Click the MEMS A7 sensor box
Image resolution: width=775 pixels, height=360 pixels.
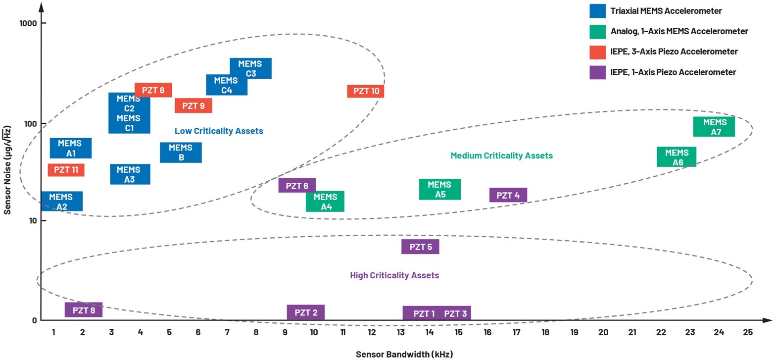(x=714, y=127)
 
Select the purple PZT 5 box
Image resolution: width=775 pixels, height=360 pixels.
(x=420, y=247)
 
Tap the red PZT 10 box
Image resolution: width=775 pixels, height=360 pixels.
(x=366, y=91)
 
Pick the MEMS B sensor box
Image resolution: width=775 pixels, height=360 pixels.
(x=181, y=153)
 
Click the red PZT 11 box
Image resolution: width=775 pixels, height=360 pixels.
(x=66, y=170)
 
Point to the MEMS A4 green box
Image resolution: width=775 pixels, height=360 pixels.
(x=325, y=202)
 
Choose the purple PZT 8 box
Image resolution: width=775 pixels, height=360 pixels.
(x=84, y=310)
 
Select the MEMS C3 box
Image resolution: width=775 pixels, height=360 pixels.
(x=250, y=68)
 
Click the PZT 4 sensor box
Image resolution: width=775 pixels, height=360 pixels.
(x=508, y=195)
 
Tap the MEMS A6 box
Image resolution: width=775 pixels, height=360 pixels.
(x=677, y=157)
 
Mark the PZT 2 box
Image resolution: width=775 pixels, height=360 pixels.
(x=306, y=312)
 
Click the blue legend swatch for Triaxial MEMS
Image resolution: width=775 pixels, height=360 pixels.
(x=597, y=11)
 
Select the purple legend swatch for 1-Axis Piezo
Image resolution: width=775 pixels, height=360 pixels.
(x=597, y=72)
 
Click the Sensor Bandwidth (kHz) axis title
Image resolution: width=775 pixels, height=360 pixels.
(x=404, y=354)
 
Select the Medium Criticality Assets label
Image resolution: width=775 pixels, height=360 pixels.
(x=501, y=155)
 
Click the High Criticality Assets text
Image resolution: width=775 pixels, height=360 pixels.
(x=394, y=275)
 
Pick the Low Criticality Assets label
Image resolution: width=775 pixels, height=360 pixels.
(x=219, y=131)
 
